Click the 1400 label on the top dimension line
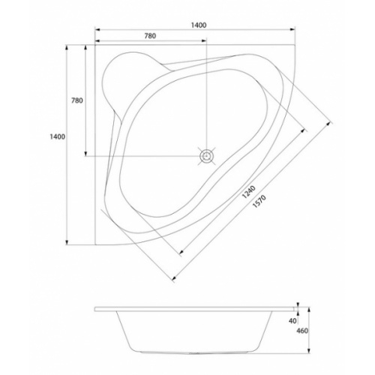(x=199, y=25)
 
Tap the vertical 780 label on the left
(x=76, y=100)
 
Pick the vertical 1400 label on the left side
(x=56, y=136)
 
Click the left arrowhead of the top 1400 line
(x=96, y=31)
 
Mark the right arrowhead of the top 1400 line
(x=293, y=31)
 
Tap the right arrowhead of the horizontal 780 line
(x=205, y=41)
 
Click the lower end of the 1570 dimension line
(x=174, y=279)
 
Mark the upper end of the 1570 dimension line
(x=331, y=118)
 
